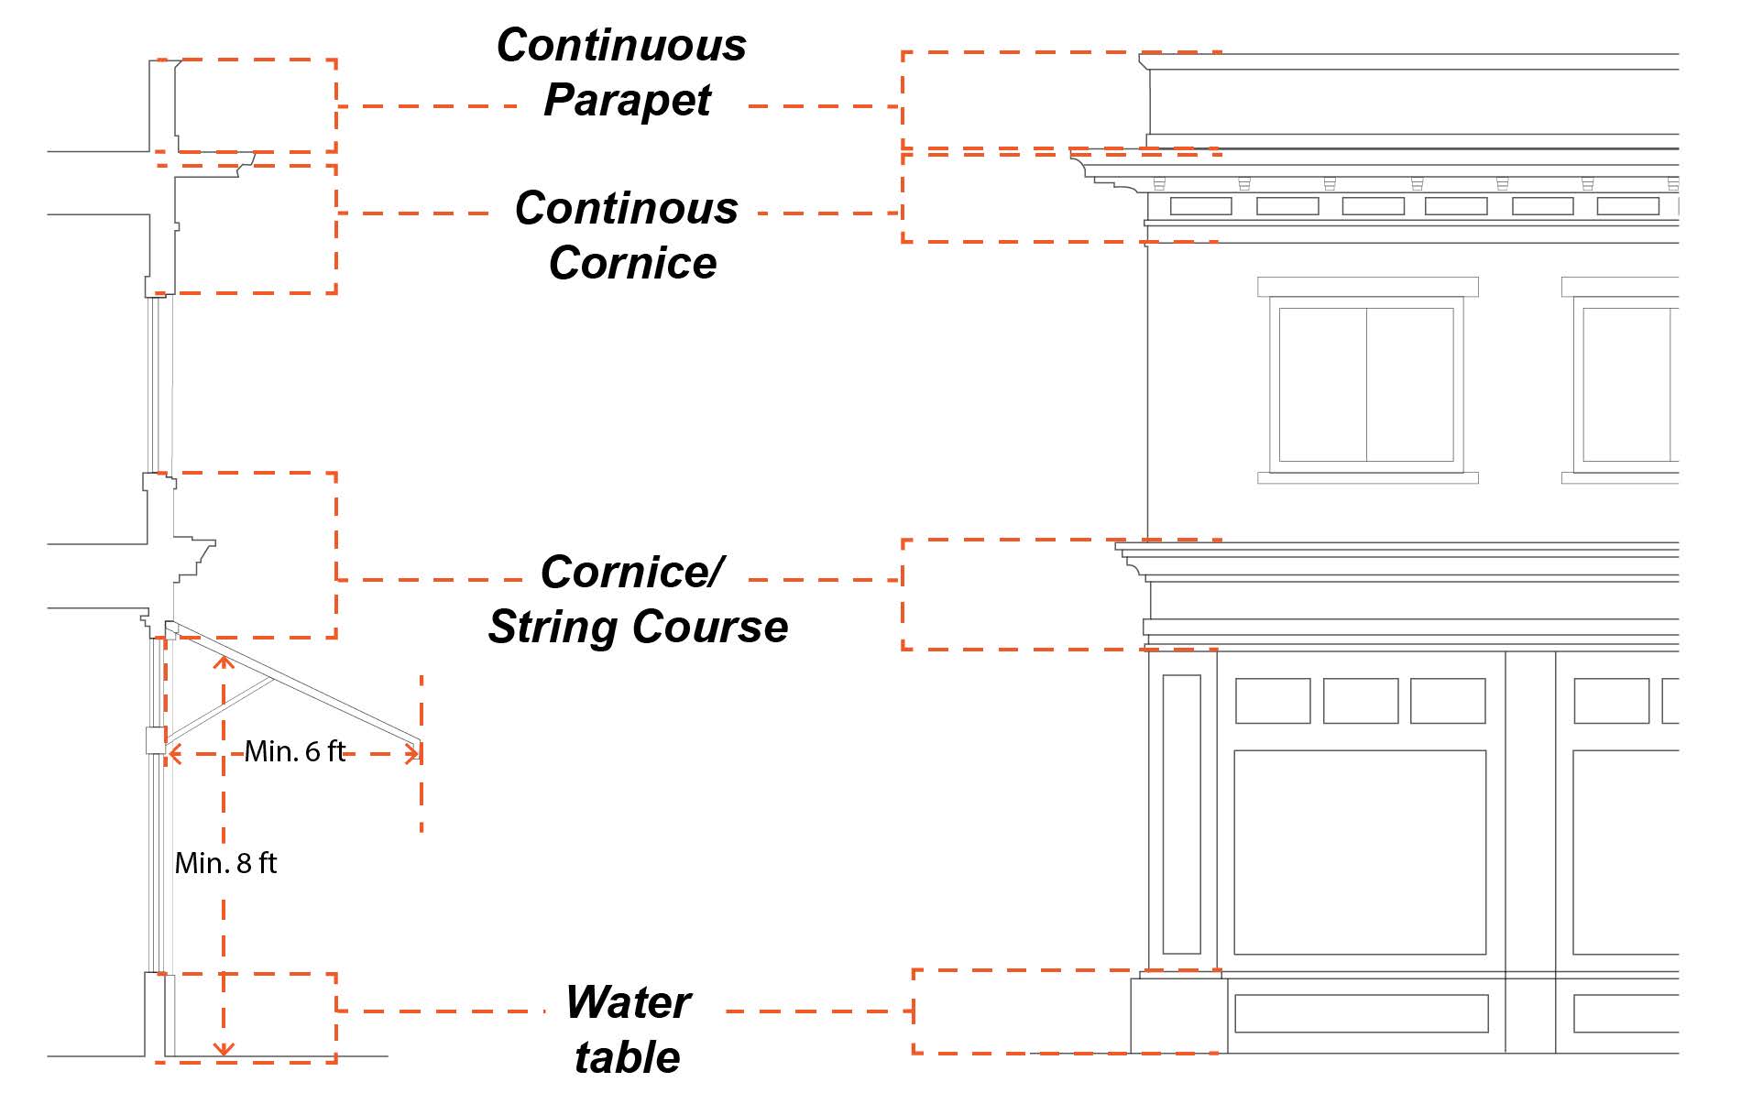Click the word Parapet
coord(628,101)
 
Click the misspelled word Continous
coord(627,208)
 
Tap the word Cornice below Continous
coord(632,263)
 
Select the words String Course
coord(638,628)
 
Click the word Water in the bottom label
coord(628,1002)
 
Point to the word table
coord(628,1057)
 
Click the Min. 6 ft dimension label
coord(294,752)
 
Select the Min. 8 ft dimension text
coord(225,863)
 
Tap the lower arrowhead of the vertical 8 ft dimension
coord(224,1049)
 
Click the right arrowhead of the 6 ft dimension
coord(414,754)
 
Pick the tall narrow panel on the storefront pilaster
coord(1181,814)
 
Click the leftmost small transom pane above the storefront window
coord(1273,701)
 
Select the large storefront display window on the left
coord(1359,852)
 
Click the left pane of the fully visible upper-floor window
coord(1322,385)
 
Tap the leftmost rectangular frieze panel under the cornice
coord(1200,206)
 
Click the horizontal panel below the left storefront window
coord(1361,1013)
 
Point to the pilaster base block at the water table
coord(1178,1015)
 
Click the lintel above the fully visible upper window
coord(1367,287)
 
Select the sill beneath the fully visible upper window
coord(1367,477)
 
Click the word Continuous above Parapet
coord(621,46)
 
